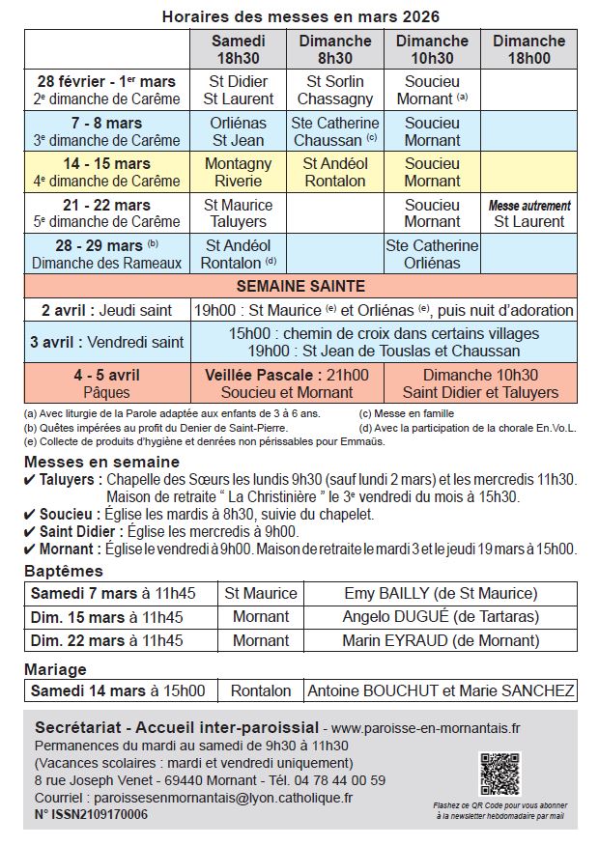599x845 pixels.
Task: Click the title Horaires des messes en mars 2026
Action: pos(300,16)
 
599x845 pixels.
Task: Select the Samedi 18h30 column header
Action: pos(239,49)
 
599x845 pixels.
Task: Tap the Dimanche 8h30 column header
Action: pos(335,49)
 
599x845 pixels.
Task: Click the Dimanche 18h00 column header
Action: pos(528,49)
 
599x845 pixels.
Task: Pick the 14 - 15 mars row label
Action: pos(107,172)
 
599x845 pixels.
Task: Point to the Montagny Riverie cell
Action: pos(239,172)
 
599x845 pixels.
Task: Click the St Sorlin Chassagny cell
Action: pos(335,90)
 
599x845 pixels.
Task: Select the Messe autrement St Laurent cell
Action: pos(528,213)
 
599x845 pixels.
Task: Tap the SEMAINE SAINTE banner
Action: pos(300,286)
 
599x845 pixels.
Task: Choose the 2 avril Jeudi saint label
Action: pos(107,311)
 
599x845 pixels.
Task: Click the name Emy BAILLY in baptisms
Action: pos(440,593)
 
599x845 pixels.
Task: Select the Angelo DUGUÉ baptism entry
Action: pos(440,616)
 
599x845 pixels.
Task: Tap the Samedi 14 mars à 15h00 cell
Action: pos(118,690)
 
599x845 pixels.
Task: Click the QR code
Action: pos(499,774)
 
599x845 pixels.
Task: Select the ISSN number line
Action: pos(91,814)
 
